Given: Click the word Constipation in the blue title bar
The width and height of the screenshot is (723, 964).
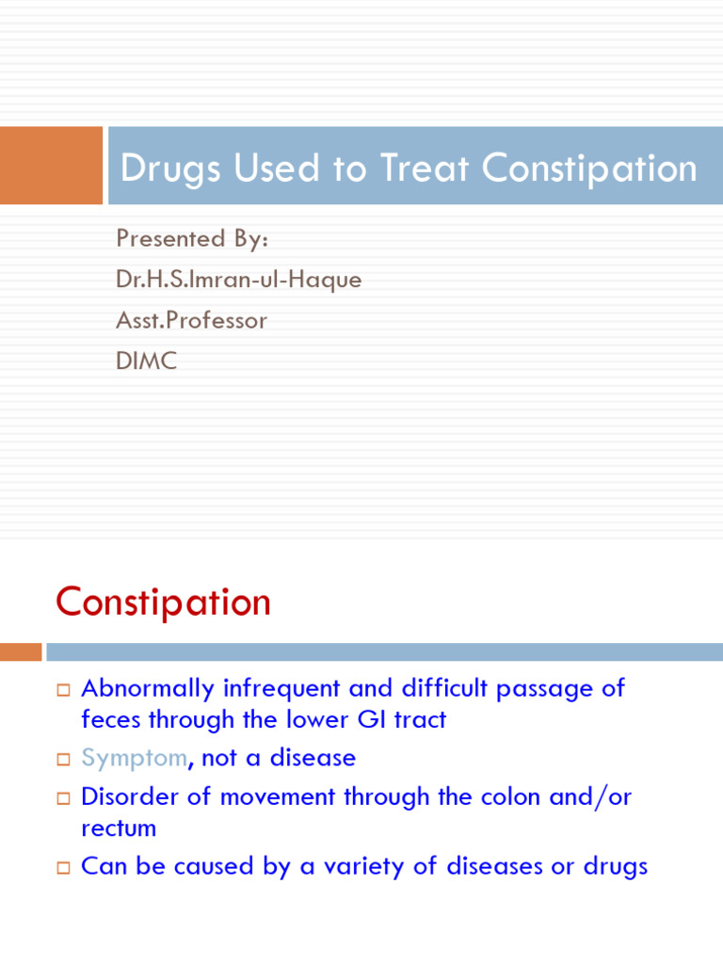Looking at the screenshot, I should [590, 169].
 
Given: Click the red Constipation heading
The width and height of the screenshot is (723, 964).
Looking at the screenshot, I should [163, 602].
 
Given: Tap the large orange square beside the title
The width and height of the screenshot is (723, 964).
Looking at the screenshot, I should [51, 166].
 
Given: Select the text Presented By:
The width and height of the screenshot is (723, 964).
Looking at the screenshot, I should [192, 238].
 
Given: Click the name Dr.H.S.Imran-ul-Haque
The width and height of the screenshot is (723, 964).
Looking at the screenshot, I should [238, 280].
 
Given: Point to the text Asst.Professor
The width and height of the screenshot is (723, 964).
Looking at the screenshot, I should [191, 320].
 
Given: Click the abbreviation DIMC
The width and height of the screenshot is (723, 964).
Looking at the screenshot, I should [146, 361].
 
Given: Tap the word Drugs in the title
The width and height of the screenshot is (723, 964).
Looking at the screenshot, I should [170, 169].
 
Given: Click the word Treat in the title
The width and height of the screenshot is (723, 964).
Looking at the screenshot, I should [425, 169].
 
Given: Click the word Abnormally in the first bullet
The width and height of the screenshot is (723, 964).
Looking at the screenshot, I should [148, 688].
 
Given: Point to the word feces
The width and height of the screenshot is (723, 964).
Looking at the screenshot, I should [110, 720].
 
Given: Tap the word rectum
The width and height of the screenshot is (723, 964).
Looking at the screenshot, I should [119, 828].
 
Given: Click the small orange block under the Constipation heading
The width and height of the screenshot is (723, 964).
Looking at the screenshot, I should [21, 651].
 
